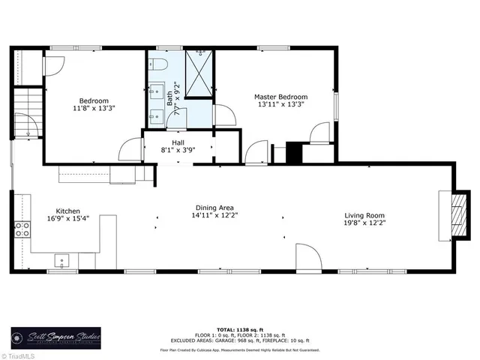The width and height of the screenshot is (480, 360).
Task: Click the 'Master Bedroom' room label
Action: [x=281, y=97]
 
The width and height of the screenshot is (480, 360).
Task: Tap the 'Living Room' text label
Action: [x=365, y=215]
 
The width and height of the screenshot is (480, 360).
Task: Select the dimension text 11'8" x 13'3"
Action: [x=94, y=109]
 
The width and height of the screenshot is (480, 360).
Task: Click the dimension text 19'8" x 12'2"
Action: [x=365, y=223]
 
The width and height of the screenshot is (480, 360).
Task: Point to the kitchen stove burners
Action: [x=22, y=229]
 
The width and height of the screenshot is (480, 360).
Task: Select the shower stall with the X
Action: [x=198, y=75]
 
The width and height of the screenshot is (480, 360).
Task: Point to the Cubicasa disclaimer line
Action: [x=240, y=349]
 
